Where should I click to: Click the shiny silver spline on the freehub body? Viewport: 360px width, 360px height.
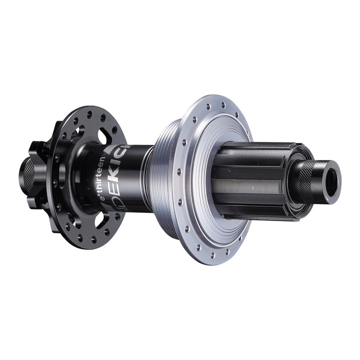click(250, 187)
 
